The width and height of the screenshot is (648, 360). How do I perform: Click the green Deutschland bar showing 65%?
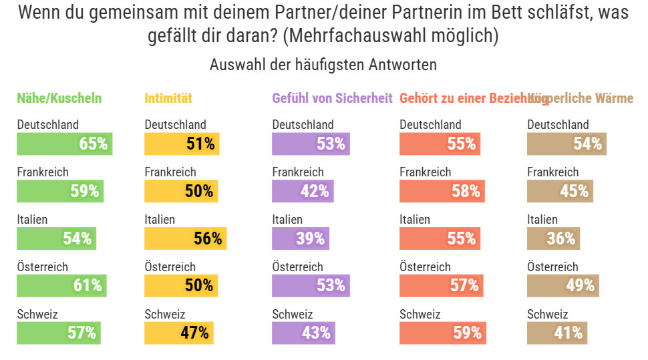pos(64,144)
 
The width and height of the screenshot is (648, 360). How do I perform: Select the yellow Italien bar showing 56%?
pos(186,238)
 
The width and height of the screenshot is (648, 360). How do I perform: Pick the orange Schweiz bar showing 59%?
pos(442,333)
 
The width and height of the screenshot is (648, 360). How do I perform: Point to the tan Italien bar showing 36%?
pos(553,238)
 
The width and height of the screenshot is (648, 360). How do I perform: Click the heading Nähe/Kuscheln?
pos(59,98)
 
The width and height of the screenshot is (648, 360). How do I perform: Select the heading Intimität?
pos(168,98)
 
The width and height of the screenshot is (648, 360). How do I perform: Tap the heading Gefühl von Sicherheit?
pos(332,98)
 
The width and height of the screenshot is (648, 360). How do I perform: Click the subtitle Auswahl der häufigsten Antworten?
pos(323,65)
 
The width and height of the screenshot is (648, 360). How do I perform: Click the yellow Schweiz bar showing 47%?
pos(179,333)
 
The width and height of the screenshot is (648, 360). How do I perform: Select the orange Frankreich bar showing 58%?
pos(441,191)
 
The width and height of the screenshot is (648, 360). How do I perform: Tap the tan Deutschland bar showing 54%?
pos(566,144)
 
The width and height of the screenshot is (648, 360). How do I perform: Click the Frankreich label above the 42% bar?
pos(298,172)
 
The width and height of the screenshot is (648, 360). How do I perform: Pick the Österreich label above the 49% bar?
pos(552,267)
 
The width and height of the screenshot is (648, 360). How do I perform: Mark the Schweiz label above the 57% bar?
pos(37,315)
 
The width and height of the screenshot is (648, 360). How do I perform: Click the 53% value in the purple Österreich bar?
pos(331,286)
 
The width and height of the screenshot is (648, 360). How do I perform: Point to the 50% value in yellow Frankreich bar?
pos(199,191)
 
